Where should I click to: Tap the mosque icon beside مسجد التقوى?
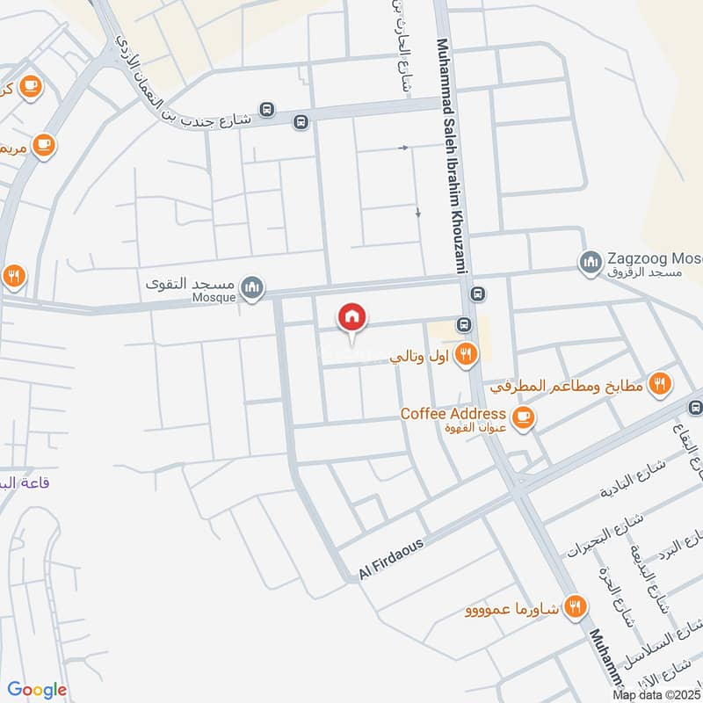coord(253,287)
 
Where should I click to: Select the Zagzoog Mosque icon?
coord(590,261)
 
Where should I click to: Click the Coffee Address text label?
coord(453,413)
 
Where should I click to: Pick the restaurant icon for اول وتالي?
coord(467,354)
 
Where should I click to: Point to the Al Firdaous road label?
coord(391,558)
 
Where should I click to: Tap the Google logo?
coord(37,690)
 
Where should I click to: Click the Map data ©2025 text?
coord(656,695)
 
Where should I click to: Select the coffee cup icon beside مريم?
coord(43,143)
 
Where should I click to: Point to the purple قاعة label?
coord(15,482)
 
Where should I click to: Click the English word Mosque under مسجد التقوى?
coord(214,298)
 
